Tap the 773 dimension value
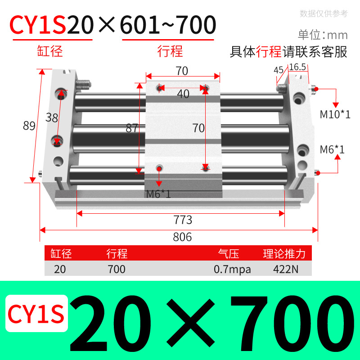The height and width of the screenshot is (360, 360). tap(183, 220)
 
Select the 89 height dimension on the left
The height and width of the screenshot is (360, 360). tap(29, 126)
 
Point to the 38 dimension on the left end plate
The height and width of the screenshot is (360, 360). tap(52, 118)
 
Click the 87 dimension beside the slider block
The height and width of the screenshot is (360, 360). tap(131, 128)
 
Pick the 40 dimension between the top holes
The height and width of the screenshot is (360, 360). tap(183, 94)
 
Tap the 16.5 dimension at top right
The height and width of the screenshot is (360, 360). tap(297, 67)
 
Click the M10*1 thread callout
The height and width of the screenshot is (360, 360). tap(335, 114)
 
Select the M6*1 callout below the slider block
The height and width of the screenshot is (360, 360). tap(158, 194)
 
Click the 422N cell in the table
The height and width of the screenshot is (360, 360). tap(284, 270)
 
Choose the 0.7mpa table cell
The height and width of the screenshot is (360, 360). tap(232, 270)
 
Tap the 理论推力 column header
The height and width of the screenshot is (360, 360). tap(284, 254)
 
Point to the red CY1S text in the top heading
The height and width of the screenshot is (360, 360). tap(38, 25)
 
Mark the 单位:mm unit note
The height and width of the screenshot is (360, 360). tap(323, 35)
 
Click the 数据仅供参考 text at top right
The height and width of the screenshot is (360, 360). tap(324, 13)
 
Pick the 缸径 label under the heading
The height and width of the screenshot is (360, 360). tap(49, 51)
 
